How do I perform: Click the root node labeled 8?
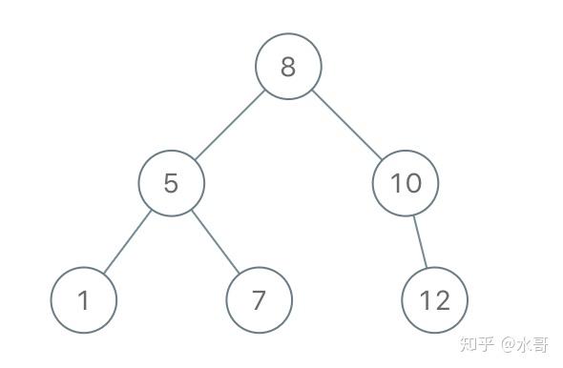click(x=288, y=67)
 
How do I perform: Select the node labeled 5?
click(x=171, y=183)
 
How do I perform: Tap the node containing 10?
click(x=406, y=183)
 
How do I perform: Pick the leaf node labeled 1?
click(x=84, y=300)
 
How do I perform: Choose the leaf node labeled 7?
click(x=260, y=300)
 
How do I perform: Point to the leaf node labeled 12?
click(x=434, y=300)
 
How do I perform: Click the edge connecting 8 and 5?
click(x=230, y=125)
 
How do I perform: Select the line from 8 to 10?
click(x=346, y=125)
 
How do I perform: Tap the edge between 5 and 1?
click(x=128, y=242)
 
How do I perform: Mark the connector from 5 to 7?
click(x=215, y=242)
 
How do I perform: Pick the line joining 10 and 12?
click(x=420, y=242)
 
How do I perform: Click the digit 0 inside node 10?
click(x=412, y=183)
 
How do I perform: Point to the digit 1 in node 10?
click(x=395, y=183)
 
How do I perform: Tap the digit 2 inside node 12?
click(x=442, y=300)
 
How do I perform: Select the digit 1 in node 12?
click(x=426, y=300)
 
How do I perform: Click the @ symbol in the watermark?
click(x=509, y=344)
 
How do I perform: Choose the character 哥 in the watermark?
click(x=540, y=344)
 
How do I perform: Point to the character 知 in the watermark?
click(x=469, y=344)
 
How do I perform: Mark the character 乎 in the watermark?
click(x=485, y=344)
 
